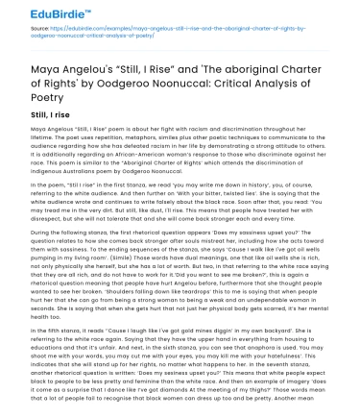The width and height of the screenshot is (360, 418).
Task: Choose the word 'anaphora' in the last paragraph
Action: (271, 372)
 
